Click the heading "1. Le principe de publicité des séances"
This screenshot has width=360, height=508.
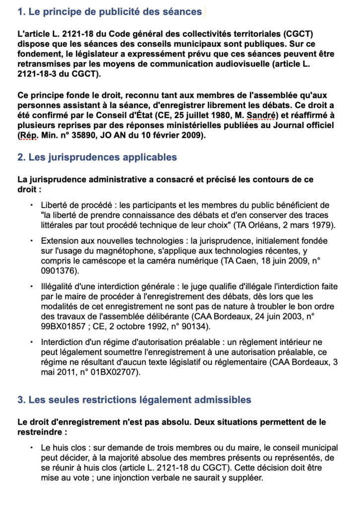pyautogui.click(x=110, y=11)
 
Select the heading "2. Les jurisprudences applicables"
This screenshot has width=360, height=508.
pyautogui.click(x=97, y=157)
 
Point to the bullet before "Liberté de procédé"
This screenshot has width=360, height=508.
pyautogui.click(x=31, y=204)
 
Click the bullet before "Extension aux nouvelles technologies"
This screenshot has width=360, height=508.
pyautogui.click(x=31, y=241)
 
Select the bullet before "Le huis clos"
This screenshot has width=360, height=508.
pyautogui.click(x=31, y=447)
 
